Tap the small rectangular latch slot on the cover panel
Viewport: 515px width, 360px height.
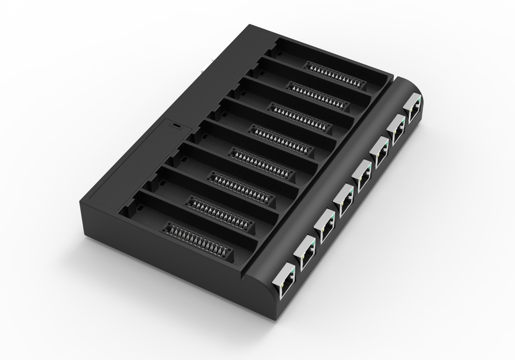(x=176, y=124)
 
